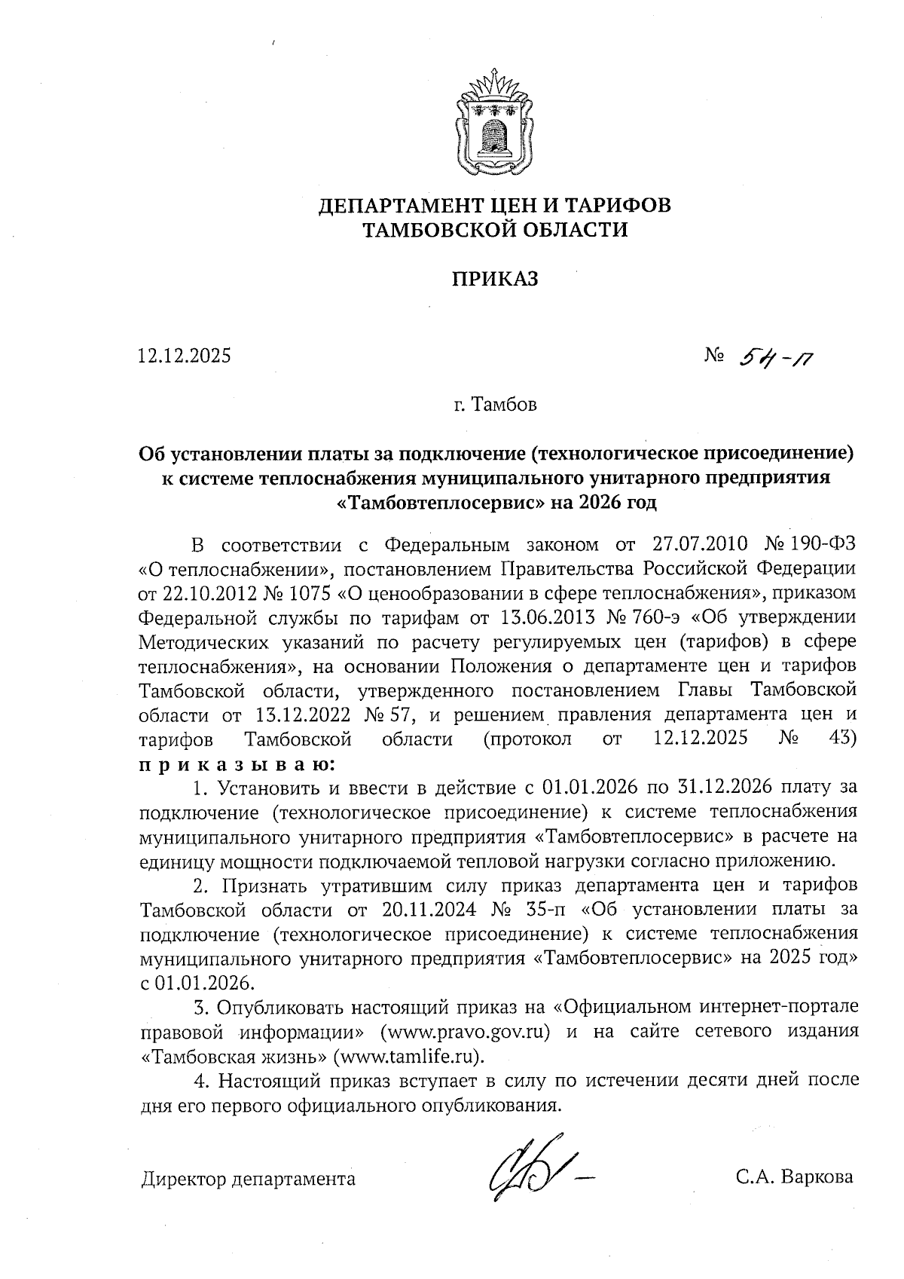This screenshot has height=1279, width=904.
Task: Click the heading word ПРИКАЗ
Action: [x=495, y=280]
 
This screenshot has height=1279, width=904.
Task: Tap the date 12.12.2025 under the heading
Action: [x=185, y=355]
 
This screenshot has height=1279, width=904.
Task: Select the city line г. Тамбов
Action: [x=495, y=405]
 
